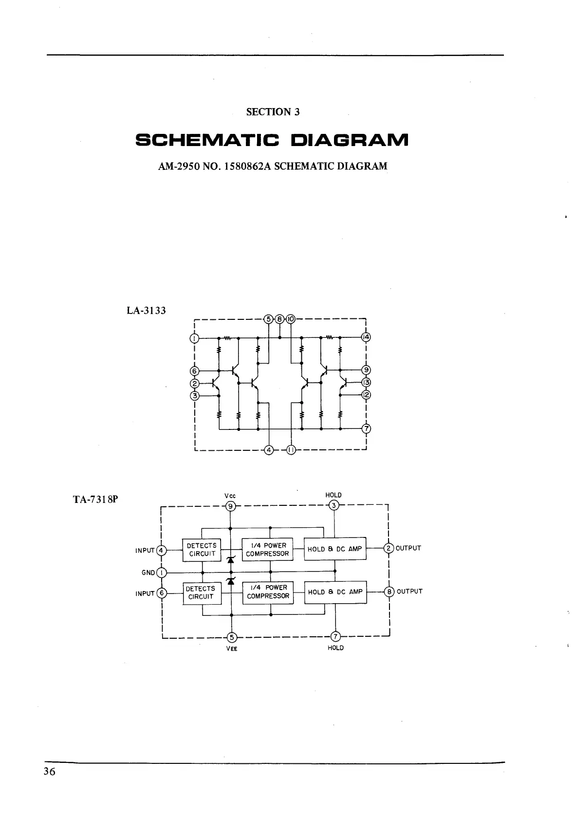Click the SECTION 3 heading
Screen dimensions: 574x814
(273, 112)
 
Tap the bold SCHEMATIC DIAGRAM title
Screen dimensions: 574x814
(272, 141)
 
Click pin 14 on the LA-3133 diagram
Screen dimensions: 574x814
(366, 337)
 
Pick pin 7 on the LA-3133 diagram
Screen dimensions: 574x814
(366, 429)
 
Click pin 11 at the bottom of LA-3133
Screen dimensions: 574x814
(291, 450)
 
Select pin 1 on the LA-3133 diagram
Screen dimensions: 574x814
(194, 338)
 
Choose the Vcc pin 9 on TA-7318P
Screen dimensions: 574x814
(231, 506)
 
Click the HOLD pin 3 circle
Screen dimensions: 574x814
(334, 505)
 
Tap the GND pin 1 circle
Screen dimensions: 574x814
(162, 573)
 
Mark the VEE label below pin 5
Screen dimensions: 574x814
(232, 648)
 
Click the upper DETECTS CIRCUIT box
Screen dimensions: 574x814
(202, 550)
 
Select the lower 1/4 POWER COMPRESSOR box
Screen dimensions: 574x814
(268, 592)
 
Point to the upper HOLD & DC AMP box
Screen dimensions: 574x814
(335, 549)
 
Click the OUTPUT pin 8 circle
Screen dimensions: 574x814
(389, 592)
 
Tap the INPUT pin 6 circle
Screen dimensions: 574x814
(162, 593)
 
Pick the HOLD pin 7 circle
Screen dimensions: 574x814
(335, 637)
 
